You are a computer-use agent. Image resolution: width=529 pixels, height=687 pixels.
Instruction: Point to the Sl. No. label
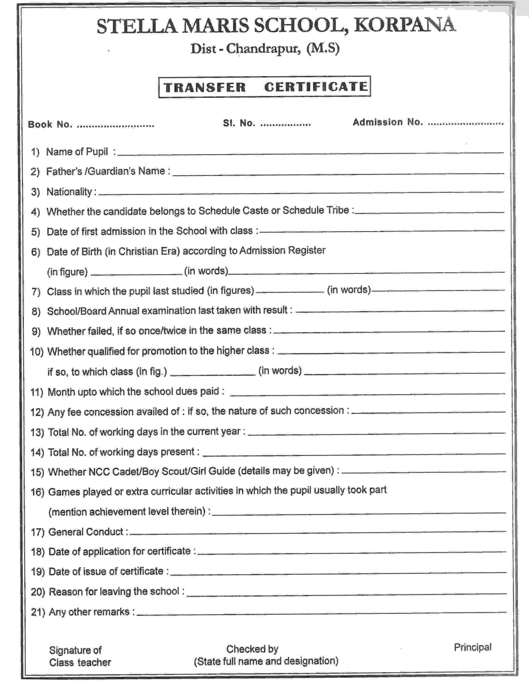[x=239, y=123]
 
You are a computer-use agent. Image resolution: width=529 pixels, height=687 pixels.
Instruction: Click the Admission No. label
[x=388, y=122]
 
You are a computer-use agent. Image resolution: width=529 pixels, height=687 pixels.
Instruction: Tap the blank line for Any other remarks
[x=321, y=612]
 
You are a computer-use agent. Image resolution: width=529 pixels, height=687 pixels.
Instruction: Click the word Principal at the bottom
[x=472, y=647]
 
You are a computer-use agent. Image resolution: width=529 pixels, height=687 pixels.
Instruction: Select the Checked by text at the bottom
[x=252, y=649]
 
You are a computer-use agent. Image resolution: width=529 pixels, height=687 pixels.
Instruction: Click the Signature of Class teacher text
[x=80, y=656]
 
